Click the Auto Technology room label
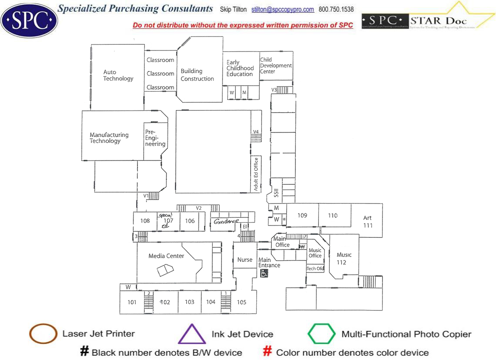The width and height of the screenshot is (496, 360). click(x=118, y=75)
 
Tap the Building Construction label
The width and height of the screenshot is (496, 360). click(x=197, y=75)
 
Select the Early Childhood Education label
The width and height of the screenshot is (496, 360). click(x=240, y=68)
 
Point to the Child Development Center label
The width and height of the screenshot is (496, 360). click(x=276, y=66)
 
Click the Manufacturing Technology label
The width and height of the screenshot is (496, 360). click(x=109, y=138)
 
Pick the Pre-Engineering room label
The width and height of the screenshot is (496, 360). click(x=155, y=138)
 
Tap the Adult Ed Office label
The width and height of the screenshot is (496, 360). click(x=256, y=174)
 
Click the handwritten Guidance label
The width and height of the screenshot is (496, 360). click(x=226, y=222)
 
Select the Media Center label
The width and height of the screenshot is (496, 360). click(x=166, y=256)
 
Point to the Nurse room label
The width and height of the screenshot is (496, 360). click(x=245, y=260)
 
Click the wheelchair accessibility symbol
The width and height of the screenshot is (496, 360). click(x=264, y=273)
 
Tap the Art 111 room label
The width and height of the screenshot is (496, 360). click(x=368, y=222)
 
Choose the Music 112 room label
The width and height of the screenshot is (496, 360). click(x=344, y=258)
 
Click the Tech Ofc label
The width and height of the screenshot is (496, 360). click(x=315, y=269)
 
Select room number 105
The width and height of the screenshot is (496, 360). click(x=241, y=302)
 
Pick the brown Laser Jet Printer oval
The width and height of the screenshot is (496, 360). click(x=43, y=334)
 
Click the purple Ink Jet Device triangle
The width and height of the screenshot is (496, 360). click(x=191, y=334)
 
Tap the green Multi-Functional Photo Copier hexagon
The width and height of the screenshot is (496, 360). click(x=322, y=334)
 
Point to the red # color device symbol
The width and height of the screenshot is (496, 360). click(x=268, y=352)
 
